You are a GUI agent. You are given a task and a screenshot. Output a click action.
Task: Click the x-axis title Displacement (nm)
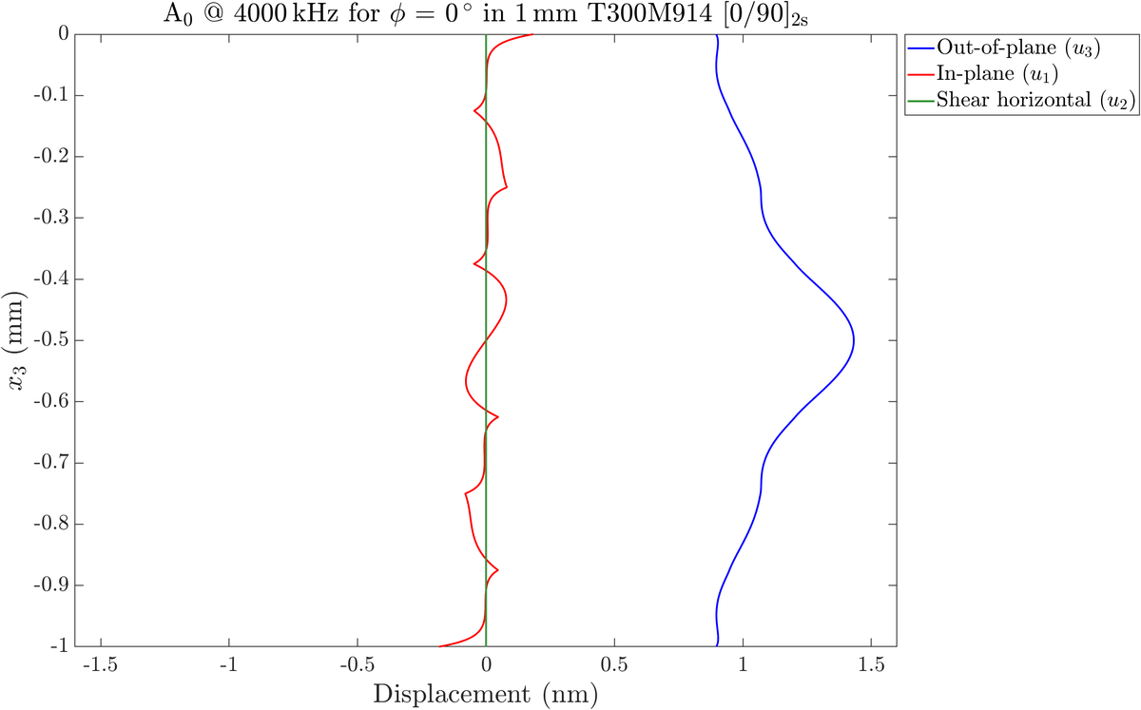pos(486,694)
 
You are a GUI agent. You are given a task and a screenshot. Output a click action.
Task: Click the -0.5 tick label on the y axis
pos(52,340)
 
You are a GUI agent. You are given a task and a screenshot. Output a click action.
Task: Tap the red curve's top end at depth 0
pos(532,34)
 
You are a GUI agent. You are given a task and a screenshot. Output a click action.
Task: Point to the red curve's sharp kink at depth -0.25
pos(507,187)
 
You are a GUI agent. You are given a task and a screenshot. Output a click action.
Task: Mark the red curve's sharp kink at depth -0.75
pos(465,493)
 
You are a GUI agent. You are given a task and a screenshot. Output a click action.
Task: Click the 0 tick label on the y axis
pos(61,34)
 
